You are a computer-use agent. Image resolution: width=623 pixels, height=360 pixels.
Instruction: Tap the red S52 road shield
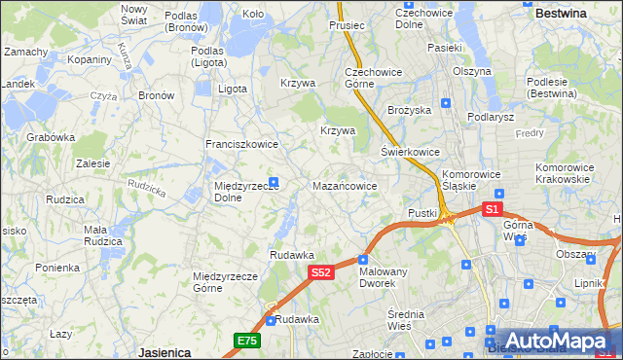(x=322, y=273)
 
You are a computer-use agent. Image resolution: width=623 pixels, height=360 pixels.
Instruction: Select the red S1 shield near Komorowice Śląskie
(x=492, y=209)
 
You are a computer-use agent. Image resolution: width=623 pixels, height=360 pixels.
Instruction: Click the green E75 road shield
(x=246, y=340)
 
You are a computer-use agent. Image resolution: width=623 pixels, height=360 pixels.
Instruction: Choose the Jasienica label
(x=164, y=352)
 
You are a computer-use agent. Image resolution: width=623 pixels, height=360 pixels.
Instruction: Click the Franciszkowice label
(x=241, y=144)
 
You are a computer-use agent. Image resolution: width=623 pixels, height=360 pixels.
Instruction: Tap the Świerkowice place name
(x=410, y=153)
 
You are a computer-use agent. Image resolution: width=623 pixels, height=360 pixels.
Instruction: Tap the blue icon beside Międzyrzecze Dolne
(x=274, y=181)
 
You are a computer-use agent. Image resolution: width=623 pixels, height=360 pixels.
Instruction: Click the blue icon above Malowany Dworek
(x=363, y=259)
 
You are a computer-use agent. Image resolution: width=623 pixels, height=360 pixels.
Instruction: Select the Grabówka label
(x=51, y=137)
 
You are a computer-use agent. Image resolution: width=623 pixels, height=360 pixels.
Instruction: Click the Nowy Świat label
(x=133, y=14)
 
